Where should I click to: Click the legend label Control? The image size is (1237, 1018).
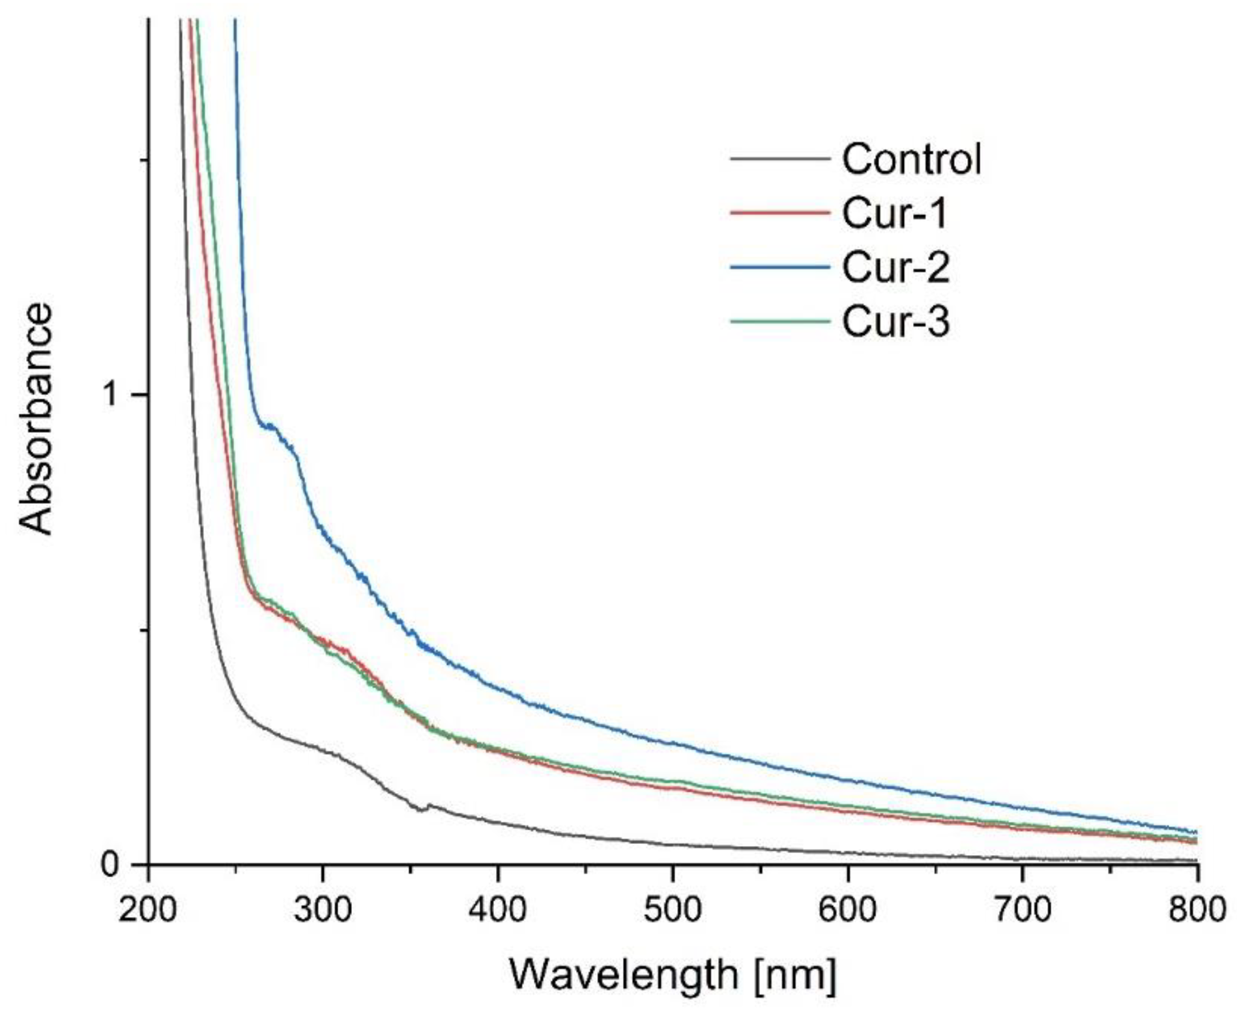[x=911, y=158]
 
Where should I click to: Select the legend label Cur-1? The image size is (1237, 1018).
[x=894, y=213]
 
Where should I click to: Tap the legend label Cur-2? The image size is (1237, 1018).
[x=895, y=267]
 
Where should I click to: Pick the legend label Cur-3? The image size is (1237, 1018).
[x=895, y=321]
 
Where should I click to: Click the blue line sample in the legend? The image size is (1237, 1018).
[x=780, y=267]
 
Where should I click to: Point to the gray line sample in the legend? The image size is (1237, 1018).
[x=780, y=158]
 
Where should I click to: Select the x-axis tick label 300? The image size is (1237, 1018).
[x=323, y=909]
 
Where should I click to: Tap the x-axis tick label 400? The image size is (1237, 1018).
[x=498, y=909]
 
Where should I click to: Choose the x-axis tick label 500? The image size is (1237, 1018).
[x=673, y=909]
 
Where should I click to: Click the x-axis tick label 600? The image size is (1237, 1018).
[x=848, y=909]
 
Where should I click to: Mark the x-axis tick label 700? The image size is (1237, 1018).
[x=1023, y=909]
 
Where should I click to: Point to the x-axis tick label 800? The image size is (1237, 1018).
[x=1197, y=909]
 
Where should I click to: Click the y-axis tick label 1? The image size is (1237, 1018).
[x=113, y=395]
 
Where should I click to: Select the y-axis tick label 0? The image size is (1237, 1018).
[x=111, y=865]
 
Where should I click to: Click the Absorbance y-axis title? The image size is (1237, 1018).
[x=35, y=419]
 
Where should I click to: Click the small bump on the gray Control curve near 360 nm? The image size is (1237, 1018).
[x=427, y=806]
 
